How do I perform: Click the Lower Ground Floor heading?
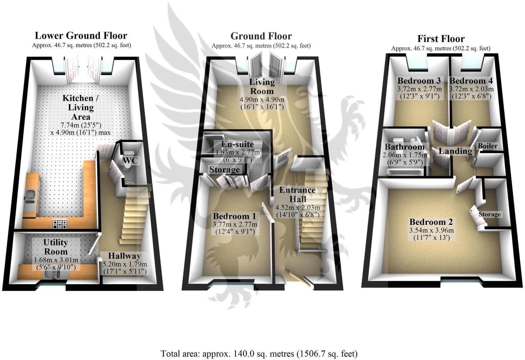pos(81,36)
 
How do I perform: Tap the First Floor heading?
pos(441,39)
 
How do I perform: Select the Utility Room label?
pos(56,247)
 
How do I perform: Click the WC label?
pos(130,160)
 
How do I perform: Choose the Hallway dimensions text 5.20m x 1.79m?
pos(125,264)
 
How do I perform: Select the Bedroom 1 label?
pos(234,216)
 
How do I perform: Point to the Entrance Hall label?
pos(298,194)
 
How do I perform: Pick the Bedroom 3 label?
pos(419,81)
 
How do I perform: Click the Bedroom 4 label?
pos(471,81)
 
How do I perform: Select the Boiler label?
pos(487,146)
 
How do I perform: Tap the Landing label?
pos(455,151)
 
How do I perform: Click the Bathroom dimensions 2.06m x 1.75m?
pos(405,155)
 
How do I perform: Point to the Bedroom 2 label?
pos(431,222)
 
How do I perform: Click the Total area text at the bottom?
pos(259,354)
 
